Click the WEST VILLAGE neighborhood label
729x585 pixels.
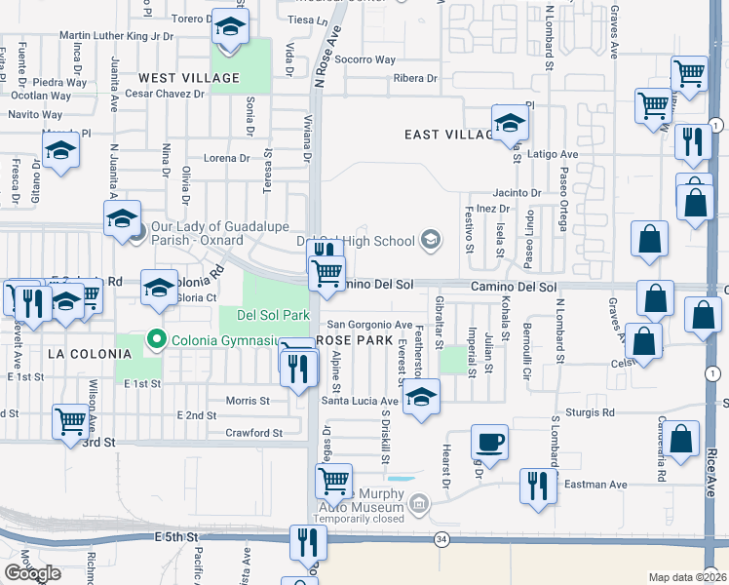189,78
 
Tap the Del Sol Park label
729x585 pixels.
264,316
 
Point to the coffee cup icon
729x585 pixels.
489,442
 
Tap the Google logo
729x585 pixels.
32,573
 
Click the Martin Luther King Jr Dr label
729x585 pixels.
116,36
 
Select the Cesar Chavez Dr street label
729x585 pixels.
166,95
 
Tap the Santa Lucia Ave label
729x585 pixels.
361,401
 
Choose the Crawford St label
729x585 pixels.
253,433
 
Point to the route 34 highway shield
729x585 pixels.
441,538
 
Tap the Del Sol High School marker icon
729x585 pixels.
430,240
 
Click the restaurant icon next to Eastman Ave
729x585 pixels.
537,487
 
